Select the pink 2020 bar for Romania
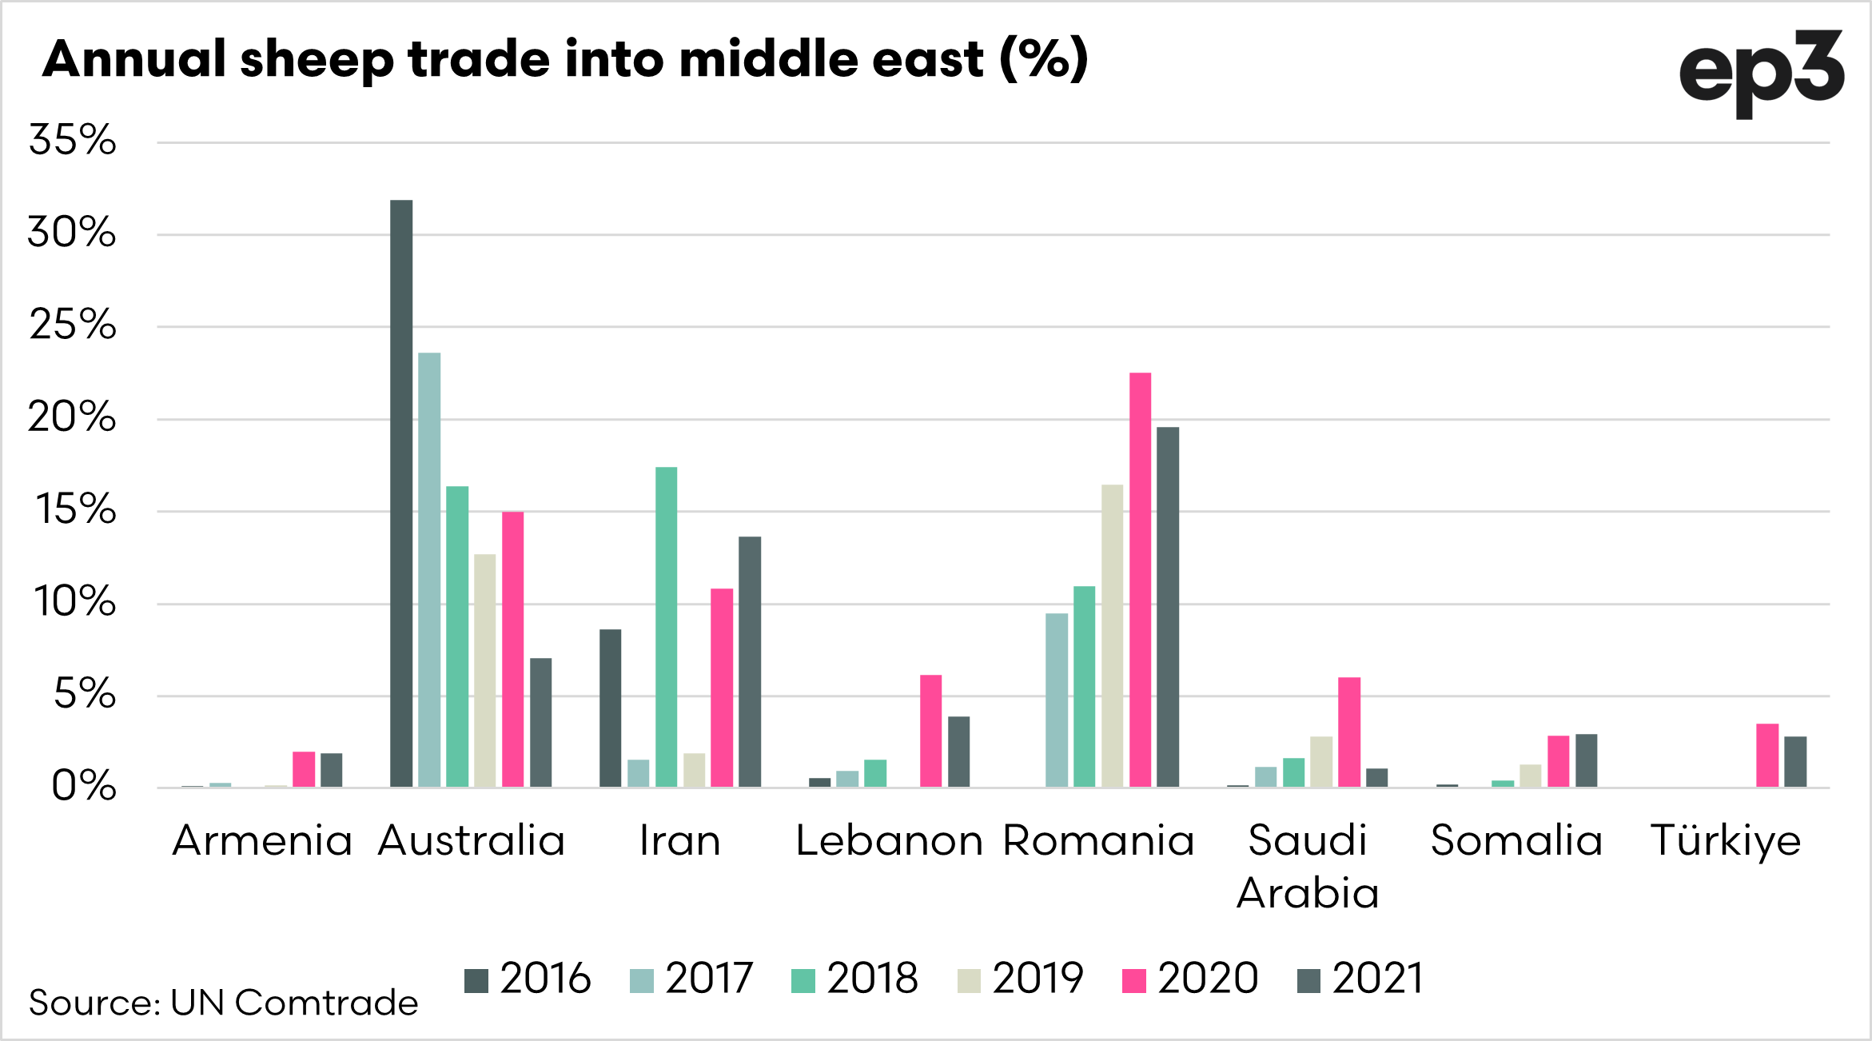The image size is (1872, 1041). (x=1140, y=580)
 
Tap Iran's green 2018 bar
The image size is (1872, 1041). (x=666, y=627)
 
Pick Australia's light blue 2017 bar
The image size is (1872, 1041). (x=429, y=569)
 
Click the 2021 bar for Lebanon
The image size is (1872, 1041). (x=958, y=752)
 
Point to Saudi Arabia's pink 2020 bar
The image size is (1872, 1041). (x=1349, y=732)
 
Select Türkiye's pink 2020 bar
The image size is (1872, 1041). (x=1767, y=755)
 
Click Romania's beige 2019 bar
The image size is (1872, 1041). (x=1112, y=636)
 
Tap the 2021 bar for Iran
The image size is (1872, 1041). (x=750, y=662)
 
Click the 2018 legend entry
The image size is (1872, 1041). (x=854, y=979)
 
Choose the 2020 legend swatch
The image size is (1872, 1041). (x=1133, y=980)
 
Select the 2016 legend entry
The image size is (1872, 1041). (x=528, y=979)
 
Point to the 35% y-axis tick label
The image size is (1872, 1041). (x=72, y=140)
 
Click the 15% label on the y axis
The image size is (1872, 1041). (x=75, y=509)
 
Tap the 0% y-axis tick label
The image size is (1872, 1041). (x=83, y=786)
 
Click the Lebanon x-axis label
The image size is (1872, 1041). (x=889, y=841)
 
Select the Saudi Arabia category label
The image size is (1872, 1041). (x=1308, y=866)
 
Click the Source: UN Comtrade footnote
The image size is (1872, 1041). (x=223, y=1003)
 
